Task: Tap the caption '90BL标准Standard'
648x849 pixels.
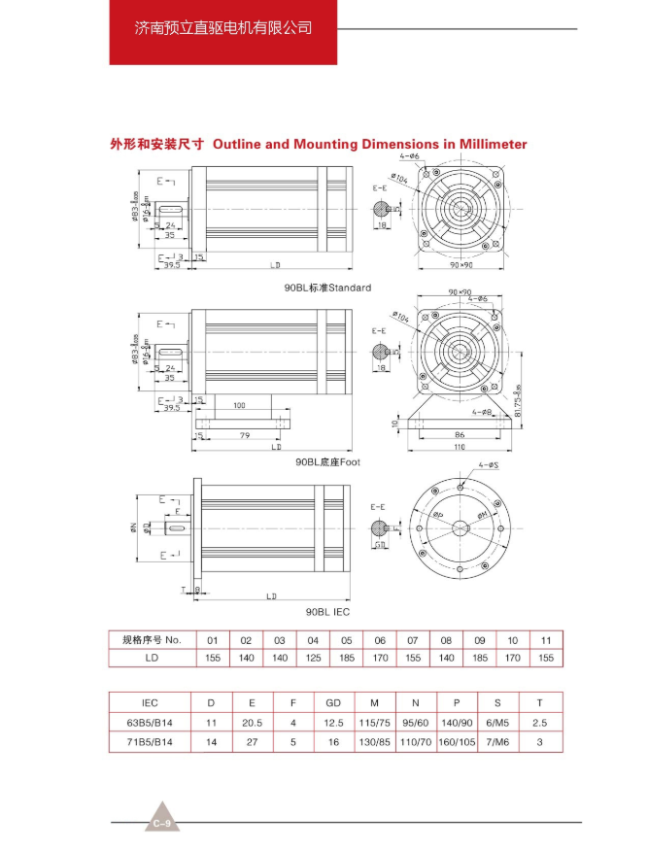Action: pyautogui.click(x=314, y=289)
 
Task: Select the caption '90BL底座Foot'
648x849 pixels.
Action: pyautogui.click(x=327, y=462)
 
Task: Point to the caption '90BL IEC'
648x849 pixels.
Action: pyautogui.click(x=327, y=612)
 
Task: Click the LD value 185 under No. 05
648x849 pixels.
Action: pyautogui.click(x=346, y=658)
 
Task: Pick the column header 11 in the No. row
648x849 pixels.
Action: pyautogui.click(x=546, y=640)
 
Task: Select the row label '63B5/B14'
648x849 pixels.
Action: pyautogui.click(x=150, y=721)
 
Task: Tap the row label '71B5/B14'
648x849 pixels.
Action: pyautogui.click(x=150, y=741)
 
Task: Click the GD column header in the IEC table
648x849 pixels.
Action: pyautogui.click(x=333, y=701)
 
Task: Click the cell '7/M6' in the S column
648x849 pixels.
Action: pyautogui.click(x=499, y=741)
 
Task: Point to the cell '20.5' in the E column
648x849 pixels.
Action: pyautogui.click(x=252, y=721)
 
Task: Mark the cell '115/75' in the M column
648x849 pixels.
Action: pyautogui.click(x=374, y=721)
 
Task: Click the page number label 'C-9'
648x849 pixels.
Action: pyautogui.click(x=163, y=824)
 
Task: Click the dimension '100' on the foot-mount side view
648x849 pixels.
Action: pyautogui.click(x=238, y=405)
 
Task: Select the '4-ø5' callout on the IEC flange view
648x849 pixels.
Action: pyautogui.click(x=488, y=466)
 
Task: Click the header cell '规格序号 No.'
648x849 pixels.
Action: pyautogui.click(x=152, y=640)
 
